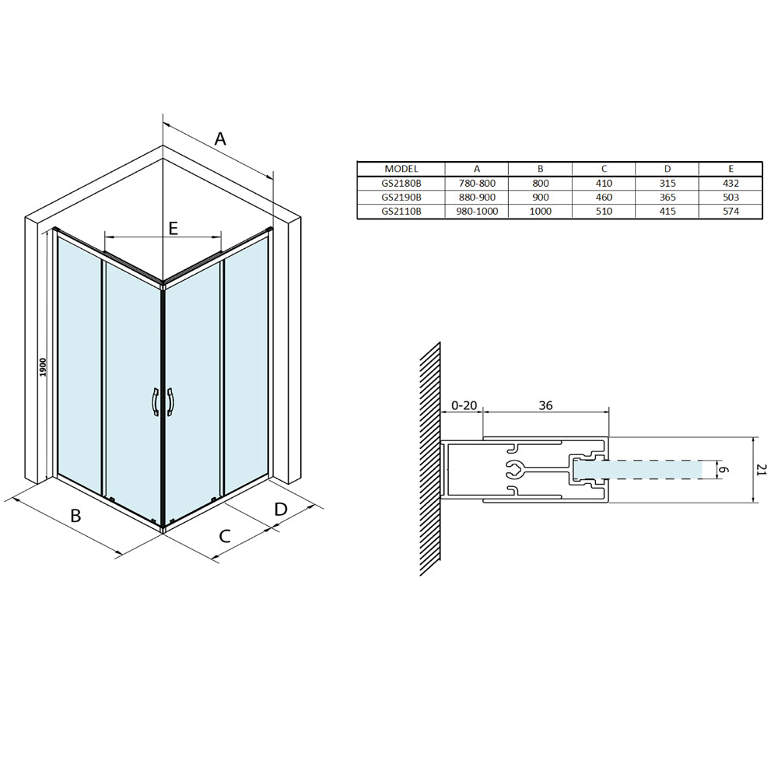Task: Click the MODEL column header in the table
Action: [x=401, y=169]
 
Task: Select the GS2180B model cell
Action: [x=401, y=183]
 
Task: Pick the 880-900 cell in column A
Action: [x=477, y=197]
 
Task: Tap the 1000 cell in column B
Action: [x=541, y=211]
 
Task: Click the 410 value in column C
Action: [x=604, y=183]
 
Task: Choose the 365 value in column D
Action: [x=668, y=197]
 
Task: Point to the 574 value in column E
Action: [x=731, y=211]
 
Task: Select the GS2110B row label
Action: [x=401, y=211]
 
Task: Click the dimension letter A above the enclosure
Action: [x=220, y=139]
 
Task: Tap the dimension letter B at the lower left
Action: [x=75, y=516]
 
